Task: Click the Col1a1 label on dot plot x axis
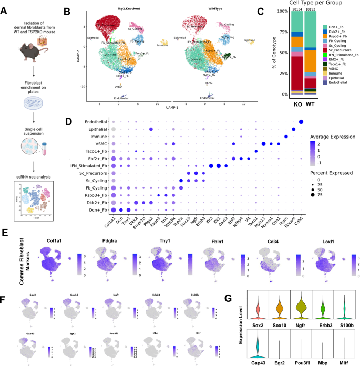click(x=112, y=216)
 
